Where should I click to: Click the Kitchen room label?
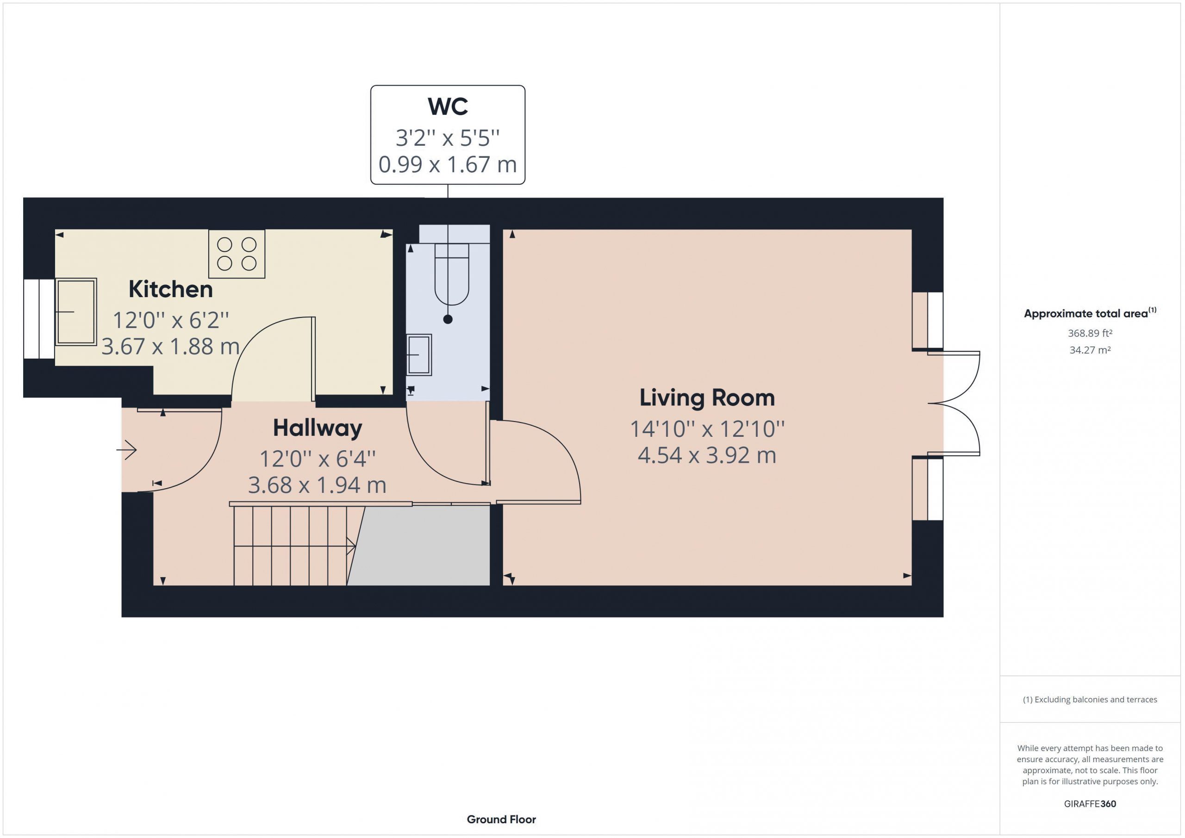click(x=170, y=289)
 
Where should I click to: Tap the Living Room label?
click(x=707, y=398)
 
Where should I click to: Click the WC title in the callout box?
click(x=448, y=106)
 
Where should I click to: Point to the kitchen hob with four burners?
click(x=237, y=254)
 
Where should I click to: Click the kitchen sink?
click(x=76, y=312)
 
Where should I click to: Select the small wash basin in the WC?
click(x=419, y=354)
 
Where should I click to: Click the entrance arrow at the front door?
click(x=126, y=450)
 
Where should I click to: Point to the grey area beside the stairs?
click(x=421, y=546)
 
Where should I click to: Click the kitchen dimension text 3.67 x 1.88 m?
click(x=170, y=346)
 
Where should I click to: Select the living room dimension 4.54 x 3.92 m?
click(x=707, y=455)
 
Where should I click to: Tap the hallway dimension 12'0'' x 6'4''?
click(x=318, y=458)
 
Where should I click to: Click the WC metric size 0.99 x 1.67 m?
click(x=448, y=165)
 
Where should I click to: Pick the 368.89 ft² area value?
click(x=1090, y=333)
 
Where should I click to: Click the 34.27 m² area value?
click(x=1090, y=350)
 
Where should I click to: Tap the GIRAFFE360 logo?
click(x=1090, y=804)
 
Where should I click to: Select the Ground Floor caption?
click(x=501, y=819)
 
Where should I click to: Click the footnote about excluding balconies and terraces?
click(x=1090, y=700)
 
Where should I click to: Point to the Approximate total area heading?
click(x=1090, y=313)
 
